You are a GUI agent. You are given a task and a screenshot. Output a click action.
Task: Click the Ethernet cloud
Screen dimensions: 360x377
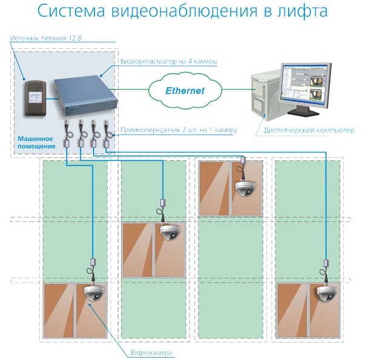pos(185,91)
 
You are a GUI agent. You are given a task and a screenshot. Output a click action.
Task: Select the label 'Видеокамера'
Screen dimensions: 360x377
pos(151,352)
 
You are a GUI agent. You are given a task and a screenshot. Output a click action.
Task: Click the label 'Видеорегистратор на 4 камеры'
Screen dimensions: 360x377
pos(160,62)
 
